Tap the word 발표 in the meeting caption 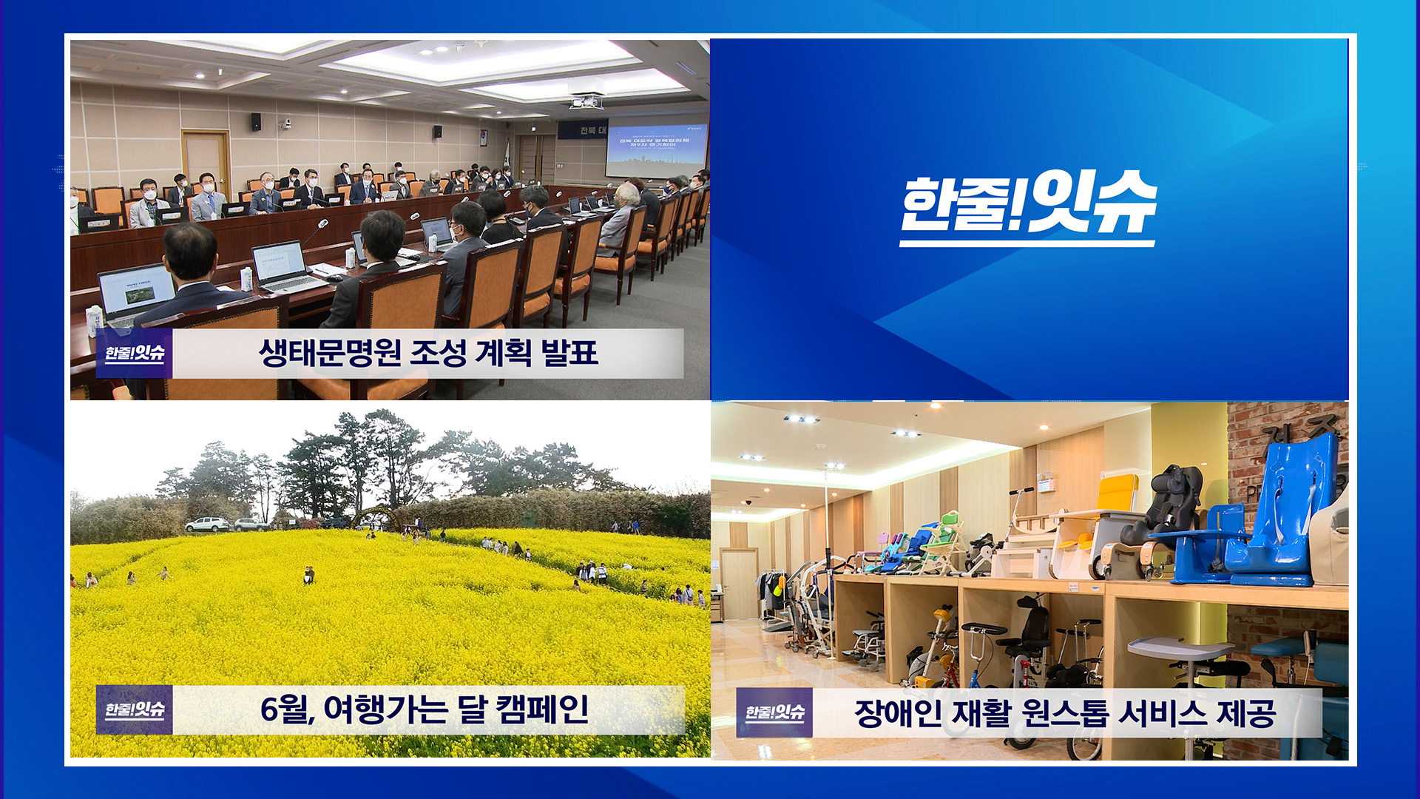click(x=569, y=353)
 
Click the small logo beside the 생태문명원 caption click(x=134, y=353)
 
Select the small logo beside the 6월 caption click(x=134, y=709)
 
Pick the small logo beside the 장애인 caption click(x=774, y=712)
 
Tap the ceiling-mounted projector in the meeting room click(x=586, y=101)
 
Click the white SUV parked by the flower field click(x=207, y=525)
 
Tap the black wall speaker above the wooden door click(x=256, y=121)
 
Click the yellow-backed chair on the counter click(x=1109, y=518)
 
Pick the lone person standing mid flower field click(x=308, y=575)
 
